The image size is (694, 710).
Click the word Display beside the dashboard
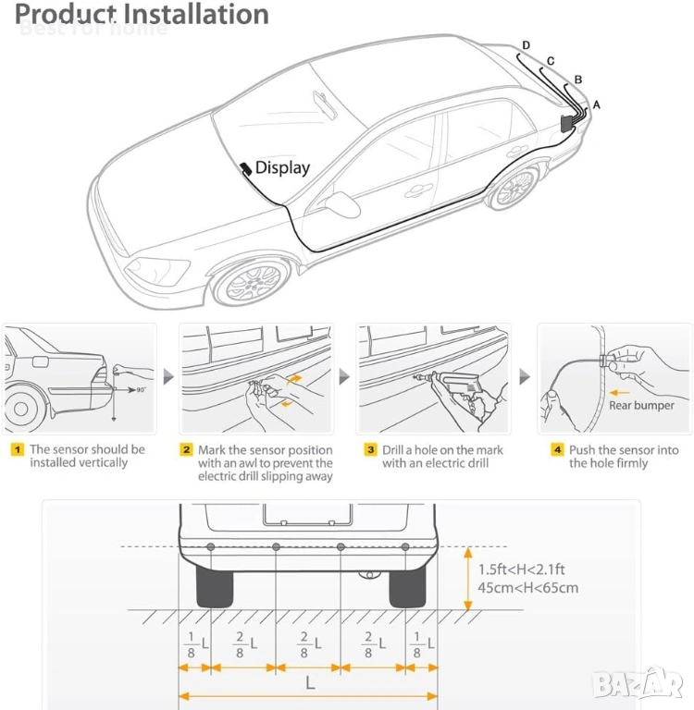(282, 167)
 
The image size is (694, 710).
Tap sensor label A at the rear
(596, 105)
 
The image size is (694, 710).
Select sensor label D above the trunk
(527, 45)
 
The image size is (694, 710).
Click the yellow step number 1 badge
(17, 450)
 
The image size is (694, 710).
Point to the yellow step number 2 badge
(186, 450)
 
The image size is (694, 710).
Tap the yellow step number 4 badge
(557, 450)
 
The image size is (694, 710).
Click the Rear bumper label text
(641, 405)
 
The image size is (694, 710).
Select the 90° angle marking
(140, 391)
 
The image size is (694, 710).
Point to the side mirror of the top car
(345, 203)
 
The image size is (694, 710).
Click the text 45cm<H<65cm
(527, 588)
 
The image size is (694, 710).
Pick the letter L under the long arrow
(310, 683)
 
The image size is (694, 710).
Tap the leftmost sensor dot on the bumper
(211, 547)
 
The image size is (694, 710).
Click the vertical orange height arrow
(467, 578)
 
